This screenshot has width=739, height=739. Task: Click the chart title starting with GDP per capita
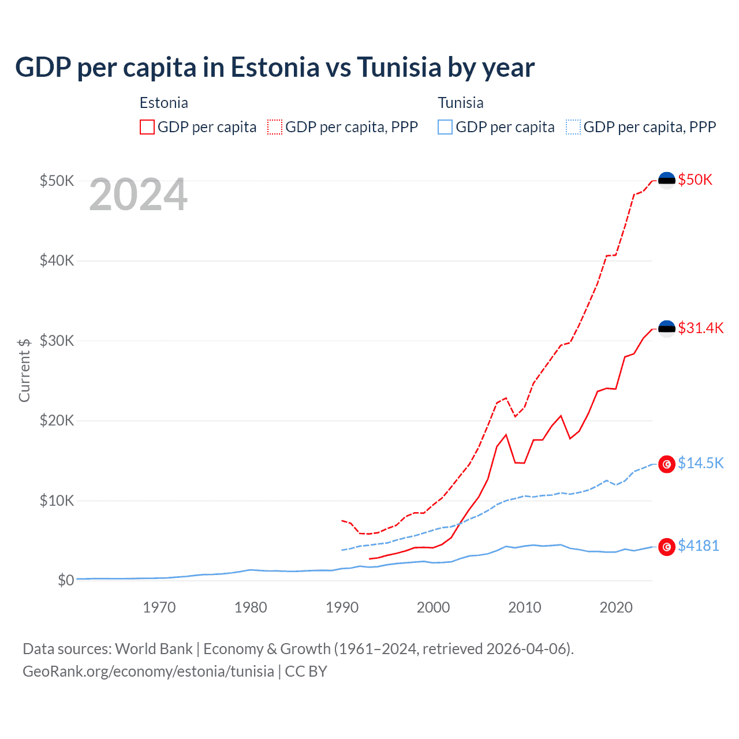pos(275,67)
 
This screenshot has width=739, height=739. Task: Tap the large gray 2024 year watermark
pos(138,195)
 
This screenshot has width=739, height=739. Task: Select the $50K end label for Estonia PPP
pos(695,180)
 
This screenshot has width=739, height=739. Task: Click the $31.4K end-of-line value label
pos(700,328)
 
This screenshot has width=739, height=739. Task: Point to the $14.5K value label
pos(700,463)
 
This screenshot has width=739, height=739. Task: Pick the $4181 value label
pos(698,546)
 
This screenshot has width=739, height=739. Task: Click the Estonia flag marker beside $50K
pos(667,180)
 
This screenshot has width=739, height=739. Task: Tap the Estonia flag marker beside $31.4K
pos(667,329)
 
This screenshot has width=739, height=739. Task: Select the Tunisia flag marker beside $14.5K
pos(667,464)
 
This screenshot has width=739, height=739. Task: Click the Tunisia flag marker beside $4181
pos(667,547)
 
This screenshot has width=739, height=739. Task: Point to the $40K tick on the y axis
pos(57,260)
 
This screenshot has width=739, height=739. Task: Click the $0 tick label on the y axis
pos(66,580)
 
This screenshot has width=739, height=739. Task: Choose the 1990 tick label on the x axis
pos(342,607)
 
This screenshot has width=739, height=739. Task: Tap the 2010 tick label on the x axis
pos(524,607)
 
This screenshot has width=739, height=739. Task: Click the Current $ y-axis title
pos(24,370)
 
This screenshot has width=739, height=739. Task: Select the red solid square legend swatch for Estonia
pos(147,127)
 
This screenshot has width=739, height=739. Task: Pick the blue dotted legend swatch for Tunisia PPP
pos(573,127)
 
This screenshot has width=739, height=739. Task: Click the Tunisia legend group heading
pos(460,103)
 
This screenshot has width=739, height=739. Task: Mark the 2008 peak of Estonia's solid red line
pos(506,435)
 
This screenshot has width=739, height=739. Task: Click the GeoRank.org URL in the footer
pos(148,671)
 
